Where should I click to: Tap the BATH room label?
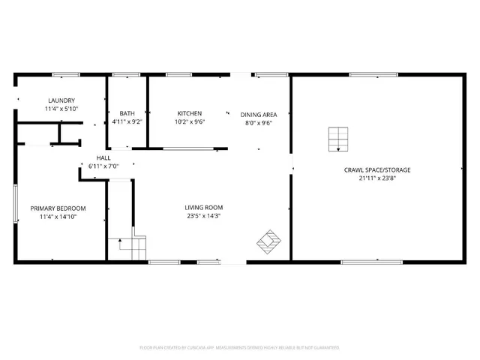point(127,113)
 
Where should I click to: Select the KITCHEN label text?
point(190,113)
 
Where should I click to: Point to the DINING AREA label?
point(259,115)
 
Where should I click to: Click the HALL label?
point(103,157)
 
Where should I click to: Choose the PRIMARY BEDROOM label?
point(58,208)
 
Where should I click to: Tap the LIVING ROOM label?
point(204,208)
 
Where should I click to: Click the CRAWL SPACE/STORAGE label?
point(377,170)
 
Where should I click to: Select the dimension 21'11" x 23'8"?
point(377,178)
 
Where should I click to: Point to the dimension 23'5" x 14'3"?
point(204,216)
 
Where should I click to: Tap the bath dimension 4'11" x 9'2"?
point(127,121)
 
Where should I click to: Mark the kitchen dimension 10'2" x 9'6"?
point(190,121)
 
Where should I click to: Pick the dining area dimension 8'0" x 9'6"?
point(259,123)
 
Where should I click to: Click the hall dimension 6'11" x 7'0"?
point(103,166)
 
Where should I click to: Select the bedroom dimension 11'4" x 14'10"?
point(58,216)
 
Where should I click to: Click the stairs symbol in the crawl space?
point(338,138)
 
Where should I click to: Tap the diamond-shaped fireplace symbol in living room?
point(269,241)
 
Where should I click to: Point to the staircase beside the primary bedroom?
point(128,247)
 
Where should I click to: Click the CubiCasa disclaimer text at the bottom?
point(239,347)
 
